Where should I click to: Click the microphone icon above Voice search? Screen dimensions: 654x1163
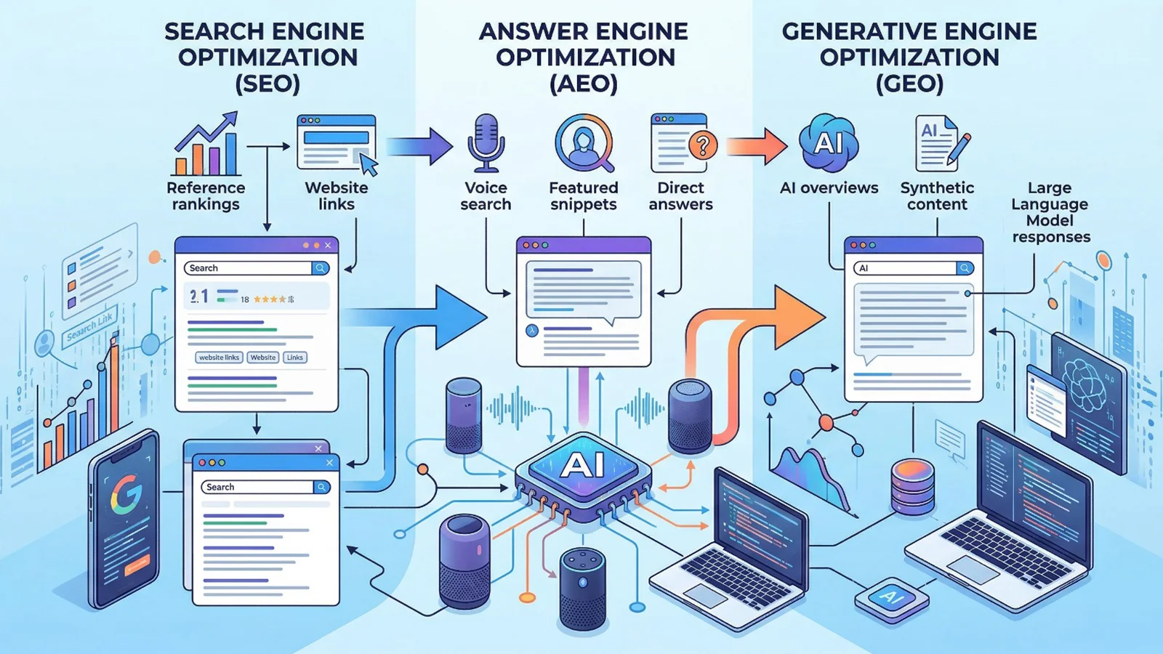coord(486,142)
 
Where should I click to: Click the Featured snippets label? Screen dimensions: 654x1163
coord(583,196)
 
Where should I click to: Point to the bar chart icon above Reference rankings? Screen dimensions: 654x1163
coord(206,145)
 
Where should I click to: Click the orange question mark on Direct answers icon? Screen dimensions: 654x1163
coord(702,146)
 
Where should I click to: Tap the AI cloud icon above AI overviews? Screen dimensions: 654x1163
coord(828,142)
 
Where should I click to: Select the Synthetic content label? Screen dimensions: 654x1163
coord(937,196)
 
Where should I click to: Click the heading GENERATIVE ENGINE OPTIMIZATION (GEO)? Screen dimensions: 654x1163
coord(909,57)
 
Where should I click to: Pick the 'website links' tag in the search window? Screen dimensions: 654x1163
coord(219,358)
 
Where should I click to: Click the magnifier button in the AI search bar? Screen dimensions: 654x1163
coord(965,268)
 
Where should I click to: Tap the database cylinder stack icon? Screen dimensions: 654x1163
coord(912,485)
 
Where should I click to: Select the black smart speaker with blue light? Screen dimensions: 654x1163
coord(582,589)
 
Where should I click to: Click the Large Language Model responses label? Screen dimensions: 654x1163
coord(1050,212)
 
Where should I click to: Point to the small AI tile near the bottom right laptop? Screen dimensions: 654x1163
coord(891,598)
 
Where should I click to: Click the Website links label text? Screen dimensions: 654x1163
coord(336,196)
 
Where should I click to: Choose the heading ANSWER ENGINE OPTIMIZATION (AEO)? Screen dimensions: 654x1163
coord(584,57)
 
